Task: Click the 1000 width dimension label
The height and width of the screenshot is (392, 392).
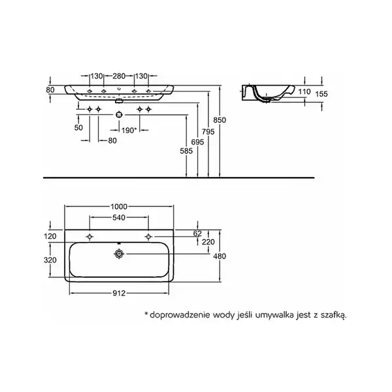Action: tap(119, 206)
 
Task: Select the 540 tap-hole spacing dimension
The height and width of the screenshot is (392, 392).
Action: tap(119, 218)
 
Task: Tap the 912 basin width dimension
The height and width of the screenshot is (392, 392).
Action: tap(119, 293)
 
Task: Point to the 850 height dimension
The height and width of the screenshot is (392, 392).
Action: tap(220, 120)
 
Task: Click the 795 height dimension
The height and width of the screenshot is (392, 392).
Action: tap(208, 131)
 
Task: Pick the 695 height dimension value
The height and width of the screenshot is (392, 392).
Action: tap(197, 142)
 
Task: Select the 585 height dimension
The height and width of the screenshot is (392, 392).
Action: tap(186, 151)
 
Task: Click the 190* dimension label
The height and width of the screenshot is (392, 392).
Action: tap(129, 130)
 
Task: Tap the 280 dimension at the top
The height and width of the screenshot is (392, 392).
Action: tap(119, 76)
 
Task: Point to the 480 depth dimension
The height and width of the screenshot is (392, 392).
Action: tap(220, 256)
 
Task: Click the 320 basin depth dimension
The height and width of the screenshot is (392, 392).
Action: tap(50, 260)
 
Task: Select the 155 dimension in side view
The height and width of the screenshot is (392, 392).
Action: tap(321, 94)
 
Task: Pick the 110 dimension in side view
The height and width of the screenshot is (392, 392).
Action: tap(304, 91)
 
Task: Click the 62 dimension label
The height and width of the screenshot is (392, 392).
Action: tap(197, 233)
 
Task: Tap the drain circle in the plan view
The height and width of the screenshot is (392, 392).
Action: tap(120, 253)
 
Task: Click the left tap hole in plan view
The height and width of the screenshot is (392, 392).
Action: tap(90, 237)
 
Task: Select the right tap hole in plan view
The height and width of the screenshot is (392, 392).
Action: tap(148, 237)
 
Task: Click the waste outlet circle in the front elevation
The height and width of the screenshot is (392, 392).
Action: tap(120, 115)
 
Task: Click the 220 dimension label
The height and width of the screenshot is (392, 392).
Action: tap(208, 242)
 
